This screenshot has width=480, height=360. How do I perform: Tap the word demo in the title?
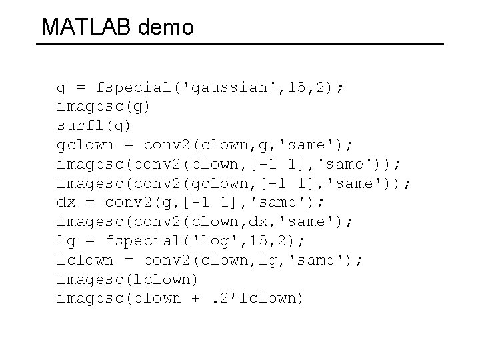(x=166, y=27)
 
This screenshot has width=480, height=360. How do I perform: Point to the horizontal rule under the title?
(x=239, y=45)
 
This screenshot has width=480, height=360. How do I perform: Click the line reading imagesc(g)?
(x=103, y=106)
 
